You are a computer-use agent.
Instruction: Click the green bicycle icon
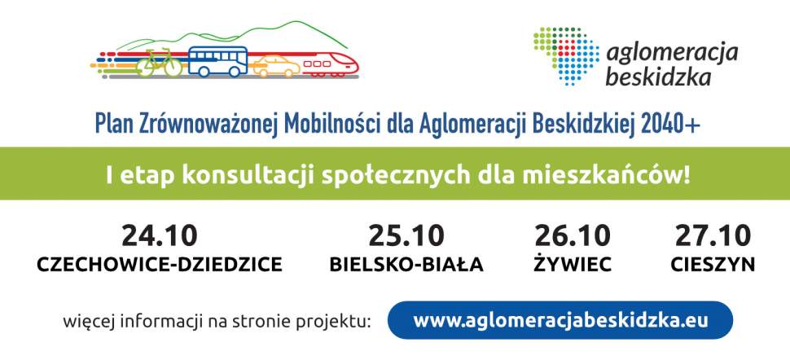pyautogui.click(x=159, y=63)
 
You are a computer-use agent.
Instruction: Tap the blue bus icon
pyautogui.click(x=217, y=61)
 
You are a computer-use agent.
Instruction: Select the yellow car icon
pyautogui.click(x=276, y=66)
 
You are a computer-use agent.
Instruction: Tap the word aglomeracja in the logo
pyautogui.click(x=672, y=54)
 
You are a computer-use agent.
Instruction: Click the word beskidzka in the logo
pyautogui.click(x=659, y=78)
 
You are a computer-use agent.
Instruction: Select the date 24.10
pyautogui.click(x=160, y=236)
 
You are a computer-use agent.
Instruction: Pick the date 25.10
pyautogui.click(x=406, y=236)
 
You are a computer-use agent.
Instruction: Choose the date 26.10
pyautogui.click(x=573, y=236)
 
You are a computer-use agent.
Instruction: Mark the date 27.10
pyautogui.click(x=713, y=236)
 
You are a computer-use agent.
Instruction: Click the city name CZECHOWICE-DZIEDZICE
pyautogui.click(x=160, y=265)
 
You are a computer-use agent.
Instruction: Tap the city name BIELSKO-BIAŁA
pyautogui.click(x=406, y=265)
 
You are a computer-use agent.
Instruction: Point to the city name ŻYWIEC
pyautogui.click(x=573, y=265)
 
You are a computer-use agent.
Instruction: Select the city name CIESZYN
pyautogui.click(x=713, y=265)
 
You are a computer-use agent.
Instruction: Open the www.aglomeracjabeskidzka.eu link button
pyautogui.click(x=560, y=320)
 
